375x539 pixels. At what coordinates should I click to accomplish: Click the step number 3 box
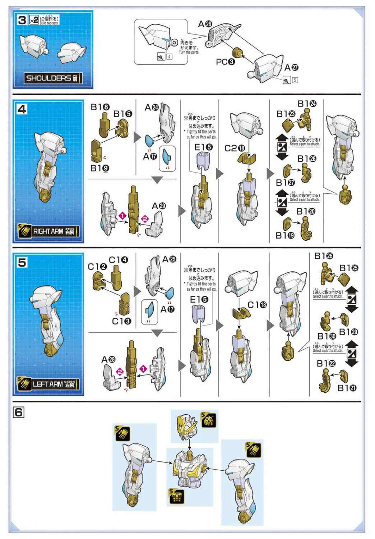[x=22, y=20]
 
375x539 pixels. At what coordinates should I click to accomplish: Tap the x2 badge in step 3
[x=34, y=20]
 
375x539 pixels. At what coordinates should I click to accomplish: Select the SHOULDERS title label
[x=52, y=78]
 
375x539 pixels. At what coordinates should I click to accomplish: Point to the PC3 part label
[x=225, y=62]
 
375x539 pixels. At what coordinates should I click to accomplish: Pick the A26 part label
[x=205, y=24]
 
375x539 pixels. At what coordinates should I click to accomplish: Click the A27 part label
[x=291, y=68]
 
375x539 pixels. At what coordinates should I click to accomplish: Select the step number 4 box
[x=22, y=109]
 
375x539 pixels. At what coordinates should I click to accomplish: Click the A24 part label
[x=152, y=107]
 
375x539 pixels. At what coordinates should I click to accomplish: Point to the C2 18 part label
[x=235, y=148]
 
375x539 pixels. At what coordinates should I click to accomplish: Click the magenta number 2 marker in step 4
[x=145, y=218]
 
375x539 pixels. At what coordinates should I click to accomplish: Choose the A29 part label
[x=159, y=206]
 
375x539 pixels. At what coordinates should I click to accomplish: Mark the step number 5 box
[x=22, y=262]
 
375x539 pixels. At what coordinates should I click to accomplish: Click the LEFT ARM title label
[x=53, y=384]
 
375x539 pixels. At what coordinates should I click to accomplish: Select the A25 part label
[x=169, y=259]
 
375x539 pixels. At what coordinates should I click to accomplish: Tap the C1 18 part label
[x=257, y=305]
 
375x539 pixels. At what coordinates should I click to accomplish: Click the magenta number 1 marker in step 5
[x=143, y=369]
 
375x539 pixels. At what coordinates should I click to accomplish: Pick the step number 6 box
[x=19, y=412]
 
